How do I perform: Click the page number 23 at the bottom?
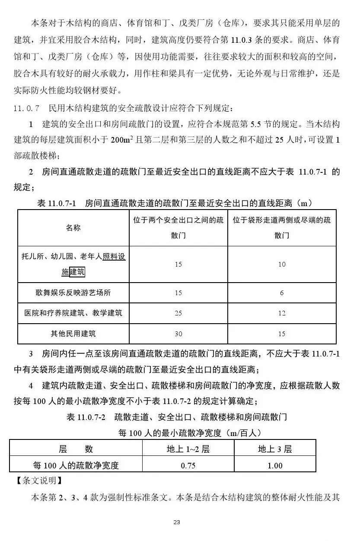176,522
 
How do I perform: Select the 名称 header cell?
73,228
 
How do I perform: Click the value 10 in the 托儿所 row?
282,264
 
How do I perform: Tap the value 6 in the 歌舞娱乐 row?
282,293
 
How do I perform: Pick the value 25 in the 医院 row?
178,313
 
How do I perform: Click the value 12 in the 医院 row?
282,313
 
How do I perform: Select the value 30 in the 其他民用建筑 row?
178,334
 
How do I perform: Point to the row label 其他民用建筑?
73,334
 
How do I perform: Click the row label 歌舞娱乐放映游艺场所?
73,293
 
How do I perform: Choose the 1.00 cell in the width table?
275,465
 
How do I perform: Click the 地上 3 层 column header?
275,449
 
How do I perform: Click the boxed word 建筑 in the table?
77,272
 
